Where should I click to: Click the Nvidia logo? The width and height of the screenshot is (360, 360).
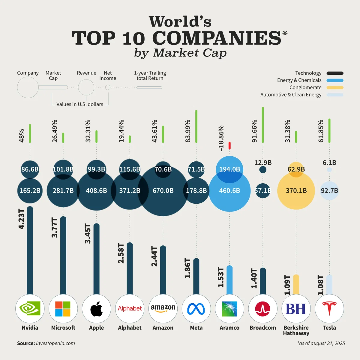click(30, 308)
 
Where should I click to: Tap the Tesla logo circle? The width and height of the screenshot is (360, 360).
click(329, 308)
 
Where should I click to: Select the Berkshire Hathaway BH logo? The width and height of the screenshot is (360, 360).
click(296, 308)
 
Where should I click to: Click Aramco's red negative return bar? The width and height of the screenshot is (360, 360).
click(229, 145)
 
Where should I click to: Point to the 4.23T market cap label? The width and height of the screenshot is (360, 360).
click(21, 219)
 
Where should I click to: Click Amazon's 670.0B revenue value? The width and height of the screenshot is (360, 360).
click(163, 190)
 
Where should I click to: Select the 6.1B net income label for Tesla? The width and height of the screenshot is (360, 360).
click(329, 163)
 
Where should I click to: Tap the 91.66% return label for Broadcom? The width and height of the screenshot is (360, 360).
click(254, 131)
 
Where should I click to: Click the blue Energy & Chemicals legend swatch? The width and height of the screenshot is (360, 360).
click(335, 80)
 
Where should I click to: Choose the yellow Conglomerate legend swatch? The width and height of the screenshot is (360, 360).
click(335, 88)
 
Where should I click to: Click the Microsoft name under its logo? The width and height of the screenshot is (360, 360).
click(63, 328)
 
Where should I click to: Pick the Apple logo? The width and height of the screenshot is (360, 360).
click(96, 308)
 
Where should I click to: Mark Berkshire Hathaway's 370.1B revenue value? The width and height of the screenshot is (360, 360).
click(296, 190)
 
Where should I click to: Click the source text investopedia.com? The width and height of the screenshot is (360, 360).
click(55, 343)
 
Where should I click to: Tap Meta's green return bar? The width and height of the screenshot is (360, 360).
click(196, 126)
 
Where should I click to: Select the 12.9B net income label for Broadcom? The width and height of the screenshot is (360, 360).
click(263, 163)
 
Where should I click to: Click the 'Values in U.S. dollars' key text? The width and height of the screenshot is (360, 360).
click(80, 104)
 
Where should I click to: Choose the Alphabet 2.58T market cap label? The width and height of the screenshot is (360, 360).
click(121, 253)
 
